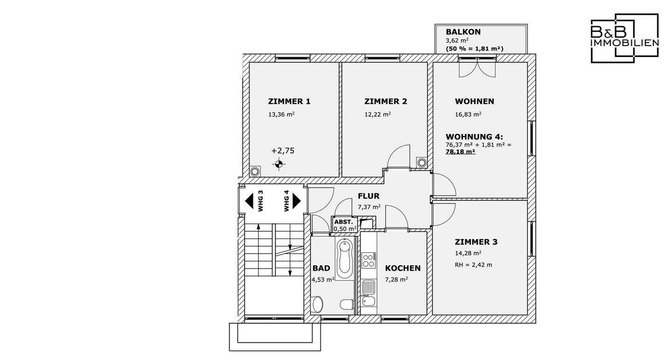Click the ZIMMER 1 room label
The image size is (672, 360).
289,101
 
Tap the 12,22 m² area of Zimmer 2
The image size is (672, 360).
378,114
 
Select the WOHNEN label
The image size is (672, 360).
474,101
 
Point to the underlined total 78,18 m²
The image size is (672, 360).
461,152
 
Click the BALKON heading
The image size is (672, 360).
463,32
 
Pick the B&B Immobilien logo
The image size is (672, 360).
625,38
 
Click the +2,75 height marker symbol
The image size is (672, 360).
279,164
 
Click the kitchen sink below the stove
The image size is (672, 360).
368,287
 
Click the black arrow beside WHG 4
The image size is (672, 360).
297,201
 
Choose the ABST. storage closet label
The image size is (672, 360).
343,222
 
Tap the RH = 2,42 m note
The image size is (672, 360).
473,265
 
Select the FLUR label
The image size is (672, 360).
368,196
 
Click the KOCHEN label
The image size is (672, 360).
403,268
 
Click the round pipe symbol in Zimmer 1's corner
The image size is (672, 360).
255,171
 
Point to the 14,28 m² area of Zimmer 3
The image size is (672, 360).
468,254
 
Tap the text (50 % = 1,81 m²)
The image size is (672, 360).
475,49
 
